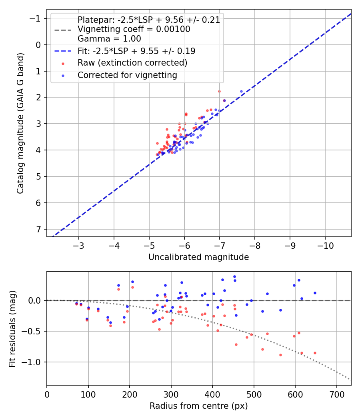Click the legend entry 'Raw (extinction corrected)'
click(132, 63)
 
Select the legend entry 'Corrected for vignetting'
click(127, 75)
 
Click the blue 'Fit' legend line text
click(136, 51)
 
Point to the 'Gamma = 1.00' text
click(109, 39)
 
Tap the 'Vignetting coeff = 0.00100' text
click(134, 29)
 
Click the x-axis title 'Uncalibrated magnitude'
click(199, 257)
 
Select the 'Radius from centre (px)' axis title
click(199, 406)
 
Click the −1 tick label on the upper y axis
click(36, 18)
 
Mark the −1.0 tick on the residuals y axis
click(34, 362)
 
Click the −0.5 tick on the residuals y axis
click(34, 331)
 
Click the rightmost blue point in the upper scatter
click(241, 92)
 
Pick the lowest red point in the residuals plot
click(280, 355)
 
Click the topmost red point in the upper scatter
click(219, 91)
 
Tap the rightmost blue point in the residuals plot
click(315, 293)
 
